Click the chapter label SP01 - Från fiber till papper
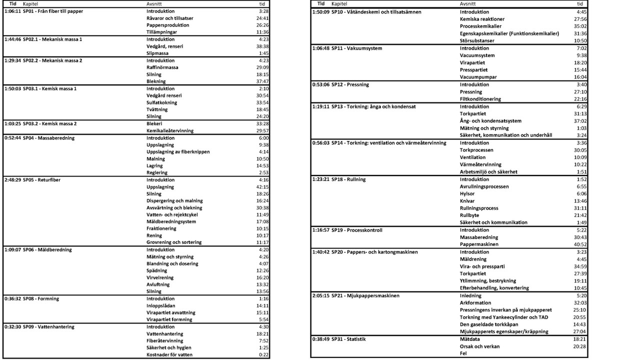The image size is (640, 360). click(x=53, y=11)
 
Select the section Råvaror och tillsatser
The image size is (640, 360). click(x=169, y=18)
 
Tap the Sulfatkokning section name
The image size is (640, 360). click(x=161, y=102)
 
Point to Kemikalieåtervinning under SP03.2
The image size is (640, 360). click(x=169, y=130)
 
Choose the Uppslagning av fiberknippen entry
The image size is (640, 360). click(x=178, y=151)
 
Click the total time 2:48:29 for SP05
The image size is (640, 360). click(x=12, y=180)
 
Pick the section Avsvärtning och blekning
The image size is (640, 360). click(x=174, y=207)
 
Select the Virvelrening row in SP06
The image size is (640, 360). click(x=160, y=277)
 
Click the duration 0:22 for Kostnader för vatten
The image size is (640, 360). click(x=264, y=354)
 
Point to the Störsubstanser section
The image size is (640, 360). click(x=477, y=40)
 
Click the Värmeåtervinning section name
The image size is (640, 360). click(x=480, y=164)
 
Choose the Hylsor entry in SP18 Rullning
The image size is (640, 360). click(x=467, y=193)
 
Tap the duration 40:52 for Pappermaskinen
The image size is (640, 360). click(x=580, y=244)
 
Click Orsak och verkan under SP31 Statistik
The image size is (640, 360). click(x=480, y=346)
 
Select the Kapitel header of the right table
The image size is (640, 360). click(x=339, y=4)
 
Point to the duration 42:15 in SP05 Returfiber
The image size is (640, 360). click(x=262, y=187)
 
